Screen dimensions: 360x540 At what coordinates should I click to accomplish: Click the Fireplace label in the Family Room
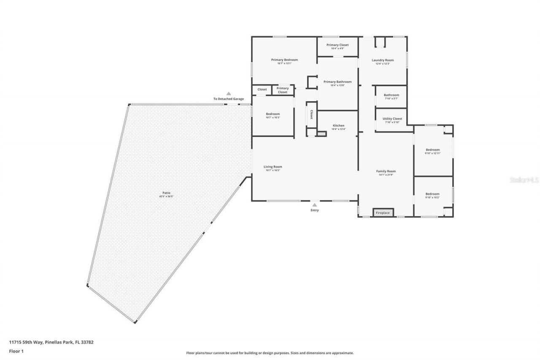point(383,213)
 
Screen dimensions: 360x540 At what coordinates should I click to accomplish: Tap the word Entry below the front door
point(315,210)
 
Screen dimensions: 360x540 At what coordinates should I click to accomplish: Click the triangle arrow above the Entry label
point(314,205)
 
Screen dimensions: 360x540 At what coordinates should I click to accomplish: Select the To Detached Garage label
point(228,99)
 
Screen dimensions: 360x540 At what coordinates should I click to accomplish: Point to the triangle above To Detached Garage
point(228,94)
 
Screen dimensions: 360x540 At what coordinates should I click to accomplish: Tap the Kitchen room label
point(338,125)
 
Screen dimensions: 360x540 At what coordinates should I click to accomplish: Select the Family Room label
point(386,171)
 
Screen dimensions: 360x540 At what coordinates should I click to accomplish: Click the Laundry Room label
point(383,60)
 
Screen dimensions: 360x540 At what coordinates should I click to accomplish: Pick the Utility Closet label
point(392,119)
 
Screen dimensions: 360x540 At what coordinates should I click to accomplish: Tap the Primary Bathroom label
point(337,82)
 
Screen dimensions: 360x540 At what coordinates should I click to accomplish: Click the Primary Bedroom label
point(284,60)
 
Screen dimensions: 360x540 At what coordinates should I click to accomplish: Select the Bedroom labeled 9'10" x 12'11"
point(432,150)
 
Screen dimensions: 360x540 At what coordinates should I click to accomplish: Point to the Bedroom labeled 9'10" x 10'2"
point(432,194)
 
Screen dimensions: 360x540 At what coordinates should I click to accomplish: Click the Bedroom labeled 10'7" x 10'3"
point(273,114)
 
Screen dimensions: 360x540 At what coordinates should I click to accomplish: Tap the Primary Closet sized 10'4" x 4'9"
point(337,45)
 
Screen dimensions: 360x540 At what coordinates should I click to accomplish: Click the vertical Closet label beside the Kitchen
point(311,114)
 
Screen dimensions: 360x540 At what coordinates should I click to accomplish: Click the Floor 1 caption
point(16,351)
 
